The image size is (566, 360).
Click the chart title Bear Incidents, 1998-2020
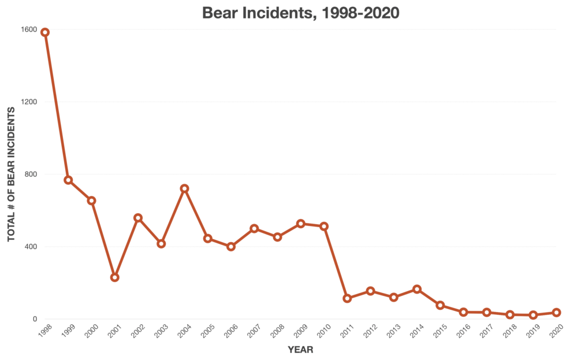[x=300, y=13]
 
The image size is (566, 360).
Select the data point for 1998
[x=45, y=32]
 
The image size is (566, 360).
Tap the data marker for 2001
[x=115, y=277]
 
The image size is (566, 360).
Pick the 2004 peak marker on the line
[x=184, y=188]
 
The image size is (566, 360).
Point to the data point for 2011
[x=347, y=298]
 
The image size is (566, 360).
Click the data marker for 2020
[x=556, y=312]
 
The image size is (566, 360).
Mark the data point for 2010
[x=324, y=226]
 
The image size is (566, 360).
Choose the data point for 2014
[x=417, y=289]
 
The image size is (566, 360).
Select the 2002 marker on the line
[x=138, y=218]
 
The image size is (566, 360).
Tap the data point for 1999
[x=68, y=180]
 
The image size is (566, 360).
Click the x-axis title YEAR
[x=300, y=349]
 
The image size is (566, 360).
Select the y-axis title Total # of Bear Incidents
[x=11, y=173]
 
